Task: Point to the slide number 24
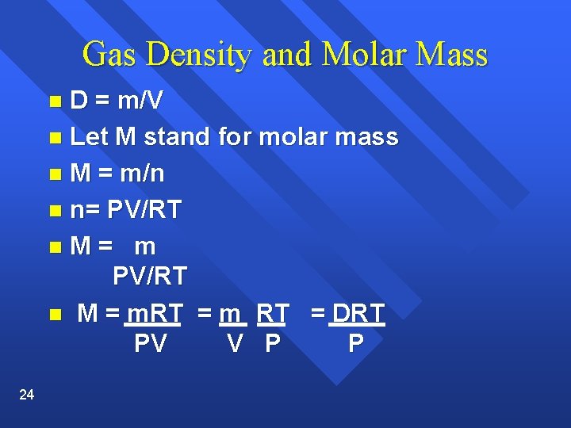[26, 395]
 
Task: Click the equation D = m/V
[117, 101]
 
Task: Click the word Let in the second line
[89, 137]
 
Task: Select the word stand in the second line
[175, 137]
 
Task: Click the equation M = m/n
[117, 174]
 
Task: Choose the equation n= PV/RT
[126, 210]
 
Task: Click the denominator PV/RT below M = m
[150, 276]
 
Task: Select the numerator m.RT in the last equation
[155, 313]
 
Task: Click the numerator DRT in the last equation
[358, 313]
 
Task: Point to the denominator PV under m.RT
[150, 344]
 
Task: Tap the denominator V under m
[234, 344]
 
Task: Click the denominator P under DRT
[356, 344]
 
